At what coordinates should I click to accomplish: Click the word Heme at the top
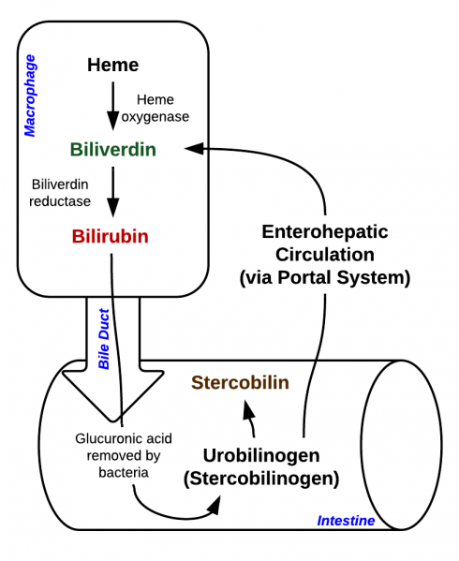[112, 65]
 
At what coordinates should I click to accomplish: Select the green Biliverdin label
[112, 149]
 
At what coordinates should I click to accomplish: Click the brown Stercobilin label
[240, 382]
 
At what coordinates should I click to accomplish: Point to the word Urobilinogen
[261, 455]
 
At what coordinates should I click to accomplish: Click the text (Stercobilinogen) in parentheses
[261, 478]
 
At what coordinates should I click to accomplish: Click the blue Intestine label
[346, 521]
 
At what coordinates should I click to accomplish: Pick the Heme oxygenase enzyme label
[161, 108]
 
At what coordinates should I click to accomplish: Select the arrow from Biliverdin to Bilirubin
[112, 191]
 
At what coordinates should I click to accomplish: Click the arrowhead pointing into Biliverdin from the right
[194, 148]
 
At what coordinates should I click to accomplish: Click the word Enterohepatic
[324, 231]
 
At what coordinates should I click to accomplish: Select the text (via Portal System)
[324, 277]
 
